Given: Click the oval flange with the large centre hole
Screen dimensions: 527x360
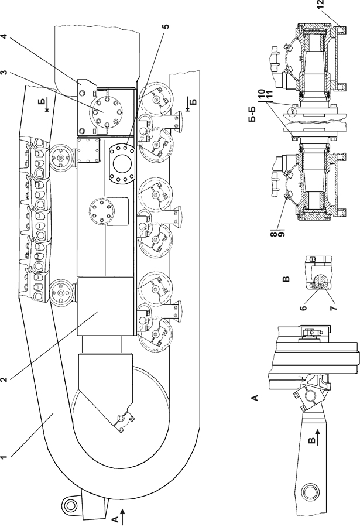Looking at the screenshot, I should [124, 159].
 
